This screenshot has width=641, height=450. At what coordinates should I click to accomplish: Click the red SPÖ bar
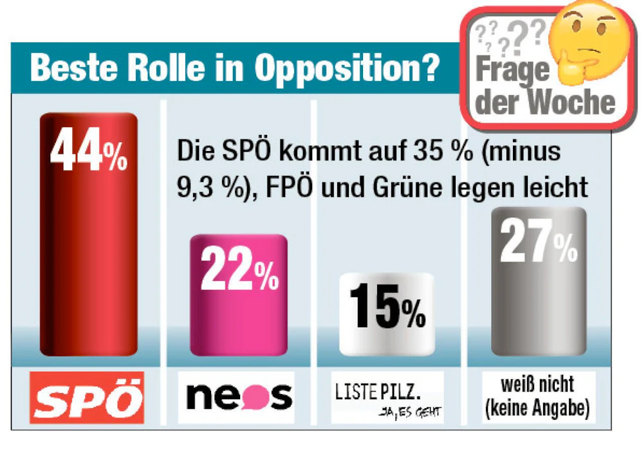click(88, 257)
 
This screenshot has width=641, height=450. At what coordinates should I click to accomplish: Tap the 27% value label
click(539, 243)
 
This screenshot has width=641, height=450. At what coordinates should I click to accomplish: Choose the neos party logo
click(239, 397)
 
